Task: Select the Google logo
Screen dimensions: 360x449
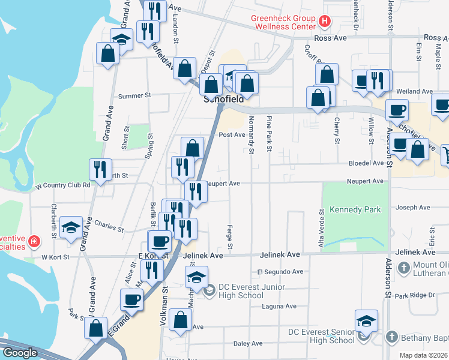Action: pyautogui.click(x=20, y=353)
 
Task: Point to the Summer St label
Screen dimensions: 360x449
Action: pyautogui.click(x=134, y=95)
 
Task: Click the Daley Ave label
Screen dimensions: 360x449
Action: pyautogui.click(x=248, y=344)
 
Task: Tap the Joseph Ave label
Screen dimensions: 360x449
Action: pyautogui.click(x=413, y=208)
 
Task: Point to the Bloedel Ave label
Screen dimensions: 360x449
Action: pyautogui.click(x=366, y=163)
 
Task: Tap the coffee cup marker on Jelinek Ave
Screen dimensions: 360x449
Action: pyautogui.click(x=160, y=241)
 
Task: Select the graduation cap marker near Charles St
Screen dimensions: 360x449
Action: pyautogui.click(x=71, y=227)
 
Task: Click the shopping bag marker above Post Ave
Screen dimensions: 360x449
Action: pyautogui.click(x=193, y=148)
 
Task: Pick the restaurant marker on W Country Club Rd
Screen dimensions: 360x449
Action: pyautogui.click(x=100, y=169)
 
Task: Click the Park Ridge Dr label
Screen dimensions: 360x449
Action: pyautogui.click(x=414, y=295)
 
